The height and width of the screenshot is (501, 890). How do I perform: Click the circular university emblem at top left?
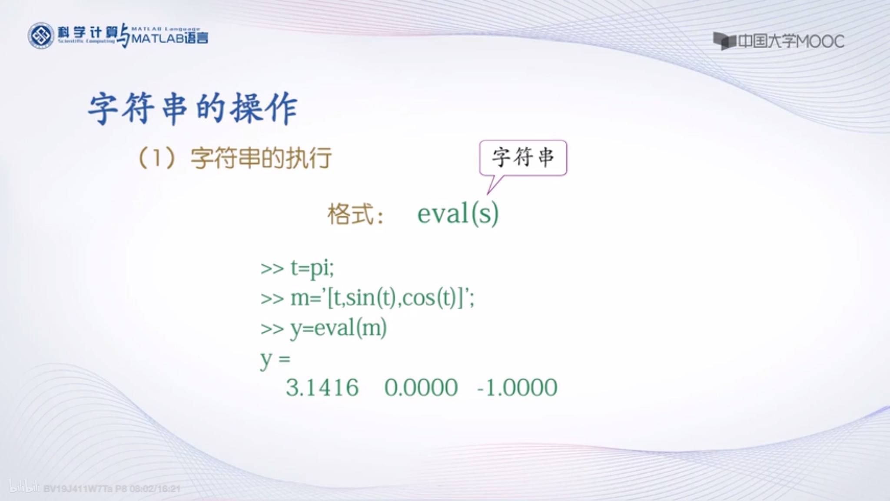click(41, 36)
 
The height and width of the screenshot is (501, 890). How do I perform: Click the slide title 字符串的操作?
click(193, 108)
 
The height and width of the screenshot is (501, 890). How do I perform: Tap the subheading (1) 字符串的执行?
click(235, 158)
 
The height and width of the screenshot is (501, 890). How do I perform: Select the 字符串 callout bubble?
click(523, 157)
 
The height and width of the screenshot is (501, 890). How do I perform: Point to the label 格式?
click(355, 214)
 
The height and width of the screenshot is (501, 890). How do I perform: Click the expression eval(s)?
click(458, 214)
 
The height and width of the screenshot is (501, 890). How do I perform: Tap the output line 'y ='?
click(275, 359)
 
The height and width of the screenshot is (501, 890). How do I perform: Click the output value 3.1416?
click(322, 387)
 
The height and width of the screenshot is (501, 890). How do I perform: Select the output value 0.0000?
click(421, 387)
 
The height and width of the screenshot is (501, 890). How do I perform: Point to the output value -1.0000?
click(517, 387)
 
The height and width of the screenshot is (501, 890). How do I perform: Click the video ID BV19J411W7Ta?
click(78, 489)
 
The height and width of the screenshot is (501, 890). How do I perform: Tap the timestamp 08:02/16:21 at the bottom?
click(155, 489)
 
